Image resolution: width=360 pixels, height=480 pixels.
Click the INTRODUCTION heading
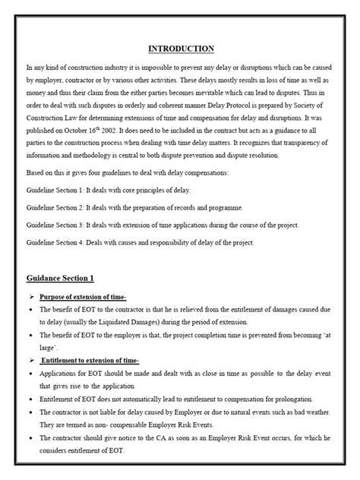point(181,49)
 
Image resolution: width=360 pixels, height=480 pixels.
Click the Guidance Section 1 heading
point(66,278)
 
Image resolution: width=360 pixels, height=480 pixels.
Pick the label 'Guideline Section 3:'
point(58,225)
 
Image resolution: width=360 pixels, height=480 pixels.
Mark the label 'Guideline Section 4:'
point(58,242)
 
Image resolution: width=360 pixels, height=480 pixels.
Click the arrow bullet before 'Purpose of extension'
point(32,295)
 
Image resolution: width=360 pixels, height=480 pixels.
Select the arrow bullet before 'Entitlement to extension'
point(32,360)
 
